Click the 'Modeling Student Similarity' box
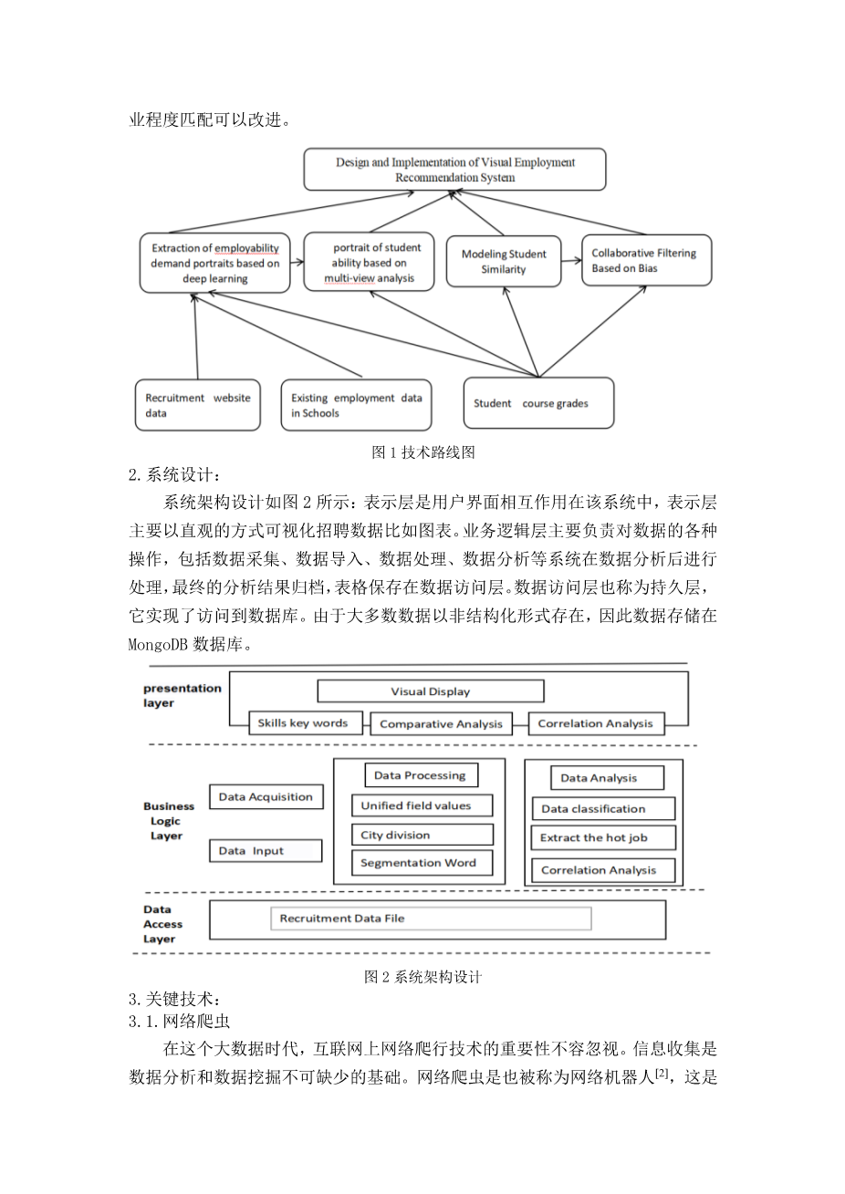click(x=504, y=262)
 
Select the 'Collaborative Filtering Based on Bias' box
click(x=646, y=261)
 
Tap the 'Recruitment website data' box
click(x=197, y=405)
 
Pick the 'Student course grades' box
click(x=538, y=403)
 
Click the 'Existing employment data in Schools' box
click(x=356, y=405)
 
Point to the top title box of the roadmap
click(x=454, y=170)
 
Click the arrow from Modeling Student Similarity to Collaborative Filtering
click(x=571, y=261)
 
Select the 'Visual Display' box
click(x=430, y=691)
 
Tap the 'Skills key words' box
click(x=302, y=723)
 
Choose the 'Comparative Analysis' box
click(x=441, y=724)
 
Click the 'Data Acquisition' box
click(x=266, y=797)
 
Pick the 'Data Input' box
click(x=266, y=851)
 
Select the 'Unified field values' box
click(x=422, y=805)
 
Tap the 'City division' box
click(x=422, y=835)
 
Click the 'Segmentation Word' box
click(x=422, y=863)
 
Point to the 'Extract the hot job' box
click(x=602, y=837)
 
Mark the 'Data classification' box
click(x=602, y=809)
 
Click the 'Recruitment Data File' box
click(x=431, y=919)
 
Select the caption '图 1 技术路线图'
click(x=423, y=452)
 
